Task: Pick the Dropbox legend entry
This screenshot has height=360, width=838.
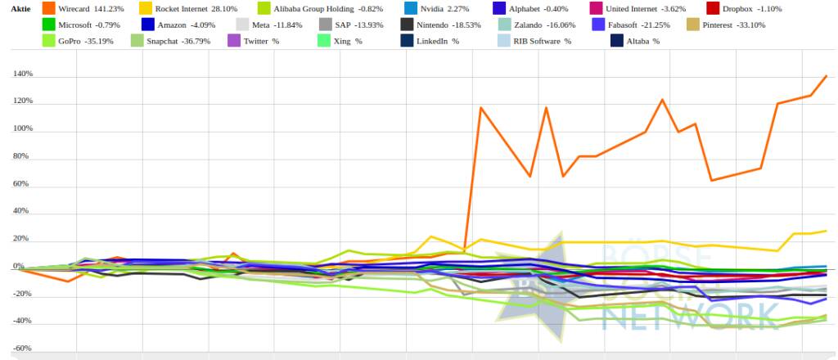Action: point(740,8)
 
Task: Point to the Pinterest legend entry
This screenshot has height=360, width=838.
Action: point(732,25)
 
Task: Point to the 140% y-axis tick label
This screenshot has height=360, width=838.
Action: point(22,74)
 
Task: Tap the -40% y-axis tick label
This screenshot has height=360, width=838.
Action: point(22,321)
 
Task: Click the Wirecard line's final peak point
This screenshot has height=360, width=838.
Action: point(826,76)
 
